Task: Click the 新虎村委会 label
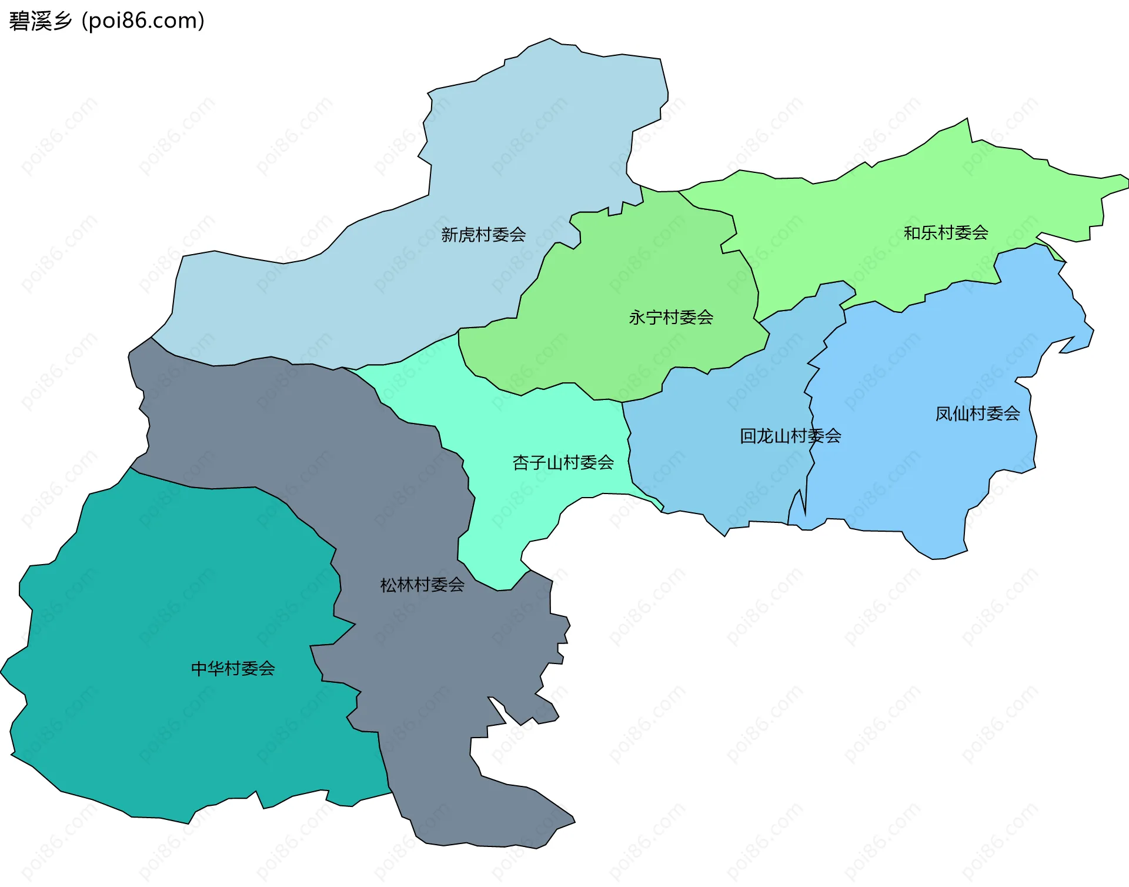point(483,235)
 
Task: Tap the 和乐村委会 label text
point(946,233)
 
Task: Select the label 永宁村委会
point(671,318)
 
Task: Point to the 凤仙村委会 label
point(977,414)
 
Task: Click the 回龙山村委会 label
point(790,436)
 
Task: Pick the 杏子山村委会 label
point(563,462)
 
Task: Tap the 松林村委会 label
point(422,585)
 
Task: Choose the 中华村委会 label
point(233,668)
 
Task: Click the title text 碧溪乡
point(40,21)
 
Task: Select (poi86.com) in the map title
point(143,21)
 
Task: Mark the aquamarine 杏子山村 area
point(529,424)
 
